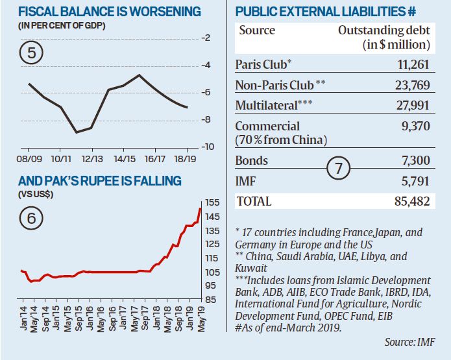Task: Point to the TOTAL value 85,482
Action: click(x=410, y=201)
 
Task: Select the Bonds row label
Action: click(x=251, y=160)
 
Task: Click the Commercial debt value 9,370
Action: click(x=415, y=126)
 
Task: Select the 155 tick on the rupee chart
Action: click(x=212, y=202)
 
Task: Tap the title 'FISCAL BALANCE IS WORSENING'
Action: click(x=101, y=12)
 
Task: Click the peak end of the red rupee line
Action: click(x=199, y=208)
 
